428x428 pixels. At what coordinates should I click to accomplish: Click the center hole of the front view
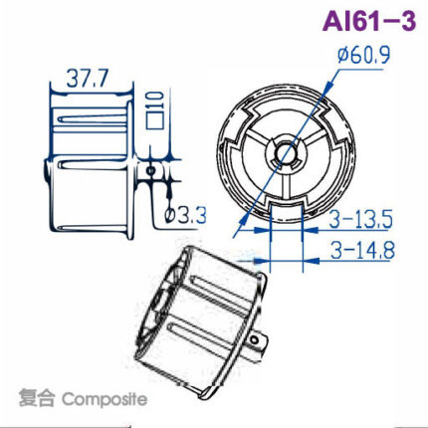click(x=285, y=151)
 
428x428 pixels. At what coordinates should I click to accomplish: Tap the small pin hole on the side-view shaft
click(x=149, y=170)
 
